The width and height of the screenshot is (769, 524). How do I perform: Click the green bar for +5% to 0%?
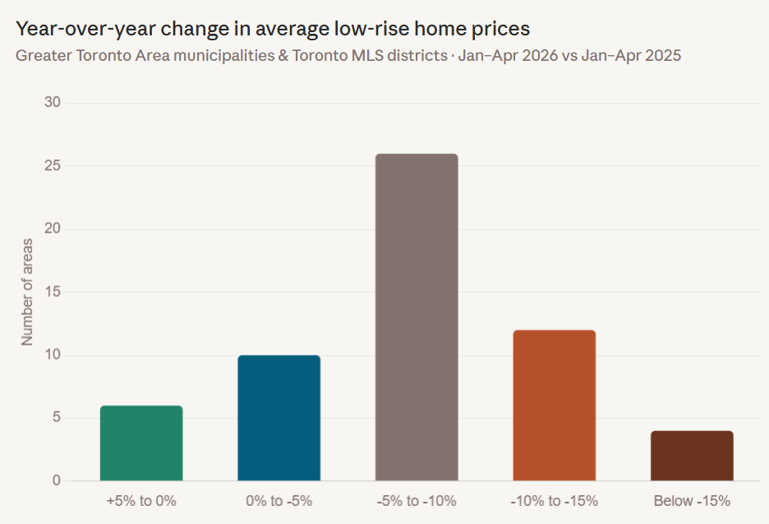[x=141, y=443]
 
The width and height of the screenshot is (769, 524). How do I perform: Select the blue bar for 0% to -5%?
[x=279, y=418]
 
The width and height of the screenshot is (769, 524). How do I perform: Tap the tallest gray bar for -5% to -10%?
[x=417, y=318]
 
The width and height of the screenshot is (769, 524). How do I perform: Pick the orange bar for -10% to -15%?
[x=555, y=406]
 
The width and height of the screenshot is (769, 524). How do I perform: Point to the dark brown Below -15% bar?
[x=692, y=456]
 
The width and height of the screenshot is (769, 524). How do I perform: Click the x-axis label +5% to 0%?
[x=141, y=501]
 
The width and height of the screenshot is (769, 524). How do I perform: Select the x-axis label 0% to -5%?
[x=279, y=501]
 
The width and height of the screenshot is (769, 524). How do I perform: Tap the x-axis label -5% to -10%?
[x=417, y=501]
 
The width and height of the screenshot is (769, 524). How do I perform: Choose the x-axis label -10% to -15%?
[x=555, y=501]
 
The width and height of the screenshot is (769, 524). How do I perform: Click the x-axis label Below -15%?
[x=692, y=501]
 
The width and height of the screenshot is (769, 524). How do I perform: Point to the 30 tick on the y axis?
[x=53, y=102]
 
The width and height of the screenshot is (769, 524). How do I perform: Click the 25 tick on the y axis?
[x=53, y=165]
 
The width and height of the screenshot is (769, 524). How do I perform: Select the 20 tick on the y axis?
[x=53, y=229]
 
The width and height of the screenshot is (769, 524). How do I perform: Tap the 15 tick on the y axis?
[x=53, y=292]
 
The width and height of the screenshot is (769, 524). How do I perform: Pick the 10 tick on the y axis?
[x=53, y=355]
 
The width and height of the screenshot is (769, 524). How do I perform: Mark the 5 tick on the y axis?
[x=57, y=417]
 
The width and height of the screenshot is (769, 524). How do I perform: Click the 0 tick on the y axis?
[x=57, y=480]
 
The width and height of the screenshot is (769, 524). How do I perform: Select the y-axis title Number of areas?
[x=27, y=292]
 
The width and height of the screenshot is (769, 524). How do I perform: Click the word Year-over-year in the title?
[x=85, y=29]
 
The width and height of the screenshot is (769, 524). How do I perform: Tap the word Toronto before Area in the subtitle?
[x=104, y=55]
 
